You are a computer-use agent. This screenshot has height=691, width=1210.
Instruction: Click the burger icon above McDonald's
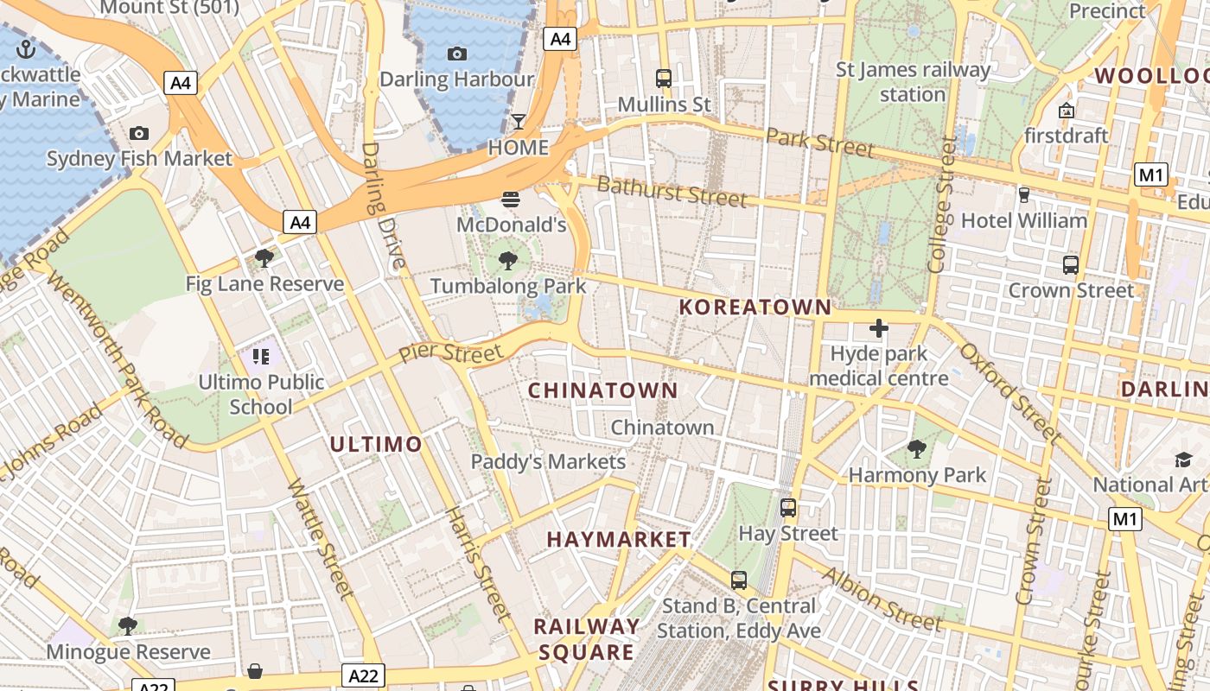(x=511, y=200)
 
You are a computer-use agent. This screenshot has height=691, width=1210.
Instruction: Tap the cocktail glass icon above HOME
(x=518, y=122)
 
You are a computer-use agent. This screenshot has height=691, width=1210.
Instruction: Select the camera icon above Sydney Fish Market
(x=138, y=133)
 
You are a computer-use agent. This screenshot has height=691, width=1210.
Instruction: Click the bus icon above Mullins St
(x=664, y=79)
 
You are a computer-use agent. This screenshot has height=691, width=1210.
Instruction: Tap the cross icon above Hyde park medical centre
(x=879, y=328)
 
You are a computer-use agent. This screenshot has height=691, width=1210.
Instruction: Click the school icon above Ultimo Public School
(x=261, y=356)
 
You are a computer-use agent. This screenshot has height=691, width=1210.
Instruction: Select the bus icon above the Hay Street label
(x=787, y=508)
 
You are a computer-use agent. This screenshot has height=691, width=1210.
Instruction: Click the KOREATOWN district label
(x=755, y=307)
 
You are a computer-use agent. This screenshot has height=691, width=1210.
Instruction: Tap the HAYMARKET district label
(x=619, y=540)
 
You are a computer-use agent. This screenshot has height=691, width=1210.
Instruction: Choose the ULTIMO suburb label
(x=376, y=445)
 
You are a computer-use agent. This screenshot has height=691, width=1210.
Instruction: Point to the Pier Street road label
(x=450, y=353)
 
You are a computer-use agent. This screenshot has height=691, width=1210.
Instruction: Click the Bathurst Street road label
(x=672, y=191)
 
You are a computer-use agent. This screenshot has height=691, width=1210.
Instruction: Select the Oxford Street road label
(x=1009, y=393)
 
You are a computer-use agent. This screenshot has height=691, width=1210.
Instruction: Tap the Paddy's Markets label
(x=548, y=462)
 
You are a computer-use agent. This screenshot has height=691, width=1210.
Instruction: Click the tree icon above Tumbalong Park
(x=508, y=260)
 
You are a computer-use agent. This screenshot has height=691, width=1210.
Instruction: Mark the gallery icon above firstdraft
(x=1066, y=111)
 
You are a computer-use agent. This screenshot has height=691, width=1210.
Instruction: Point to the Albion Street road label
(x=882, y=599)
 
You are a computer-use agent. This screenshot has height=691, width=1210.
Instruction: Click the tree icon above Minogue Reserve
(x=128, y=625)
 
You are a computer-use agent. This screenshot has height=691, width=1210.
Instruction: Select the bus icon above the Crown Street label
(x=1071, y=265)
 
